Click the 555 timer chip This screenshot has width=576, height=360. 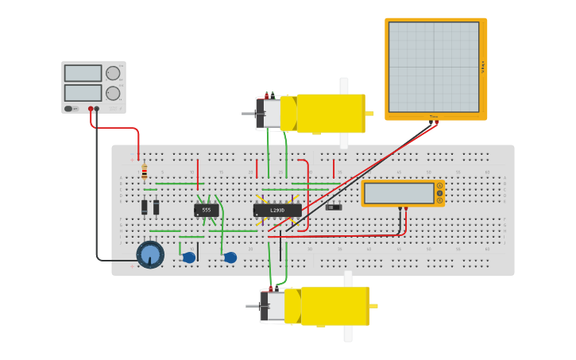pos(206,211)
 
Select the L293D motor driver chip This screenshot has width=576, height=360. pos(277,211)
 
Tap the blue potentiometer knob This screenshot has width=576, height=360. pos(150,254)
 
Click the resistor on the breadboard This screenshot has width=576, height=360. pos(144,172)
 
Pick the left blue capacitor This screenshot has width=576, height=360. pos(188,257)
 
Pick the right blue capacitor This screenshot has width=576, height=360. pos(230,257)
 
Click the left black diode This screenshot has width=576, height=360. pos(145,207)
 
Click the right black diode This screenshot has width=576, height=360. pos(156,207)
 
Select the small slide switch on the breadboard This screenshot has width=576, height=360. pos(334,207)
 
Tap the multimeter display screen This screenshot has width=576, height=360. pos(399,193)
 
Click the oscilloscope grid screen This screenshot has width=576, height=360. pos(434,67)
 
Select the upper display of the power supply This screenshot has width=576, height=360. pos(83,73)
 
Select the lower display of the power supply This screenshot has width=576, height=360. pos(83,93)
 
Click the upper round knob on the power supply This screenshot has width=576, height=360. pos(113,73)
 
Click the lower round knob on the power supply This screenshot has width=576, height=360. pos(113,93)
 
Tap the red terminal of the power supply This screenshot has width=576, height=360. pos(91,109)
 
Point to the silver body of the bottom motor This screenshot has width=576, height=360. pos(276,306)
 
